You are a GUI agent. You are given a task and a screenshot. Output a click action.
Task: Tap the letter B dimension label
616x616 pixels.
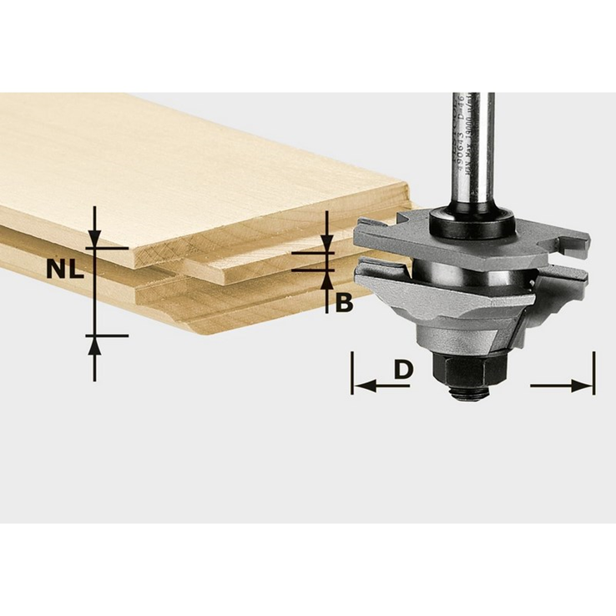click(x=344, y=303)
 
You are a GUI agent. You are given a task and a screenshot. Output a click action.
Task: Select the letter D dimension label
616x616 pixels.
click(x=403, y=368)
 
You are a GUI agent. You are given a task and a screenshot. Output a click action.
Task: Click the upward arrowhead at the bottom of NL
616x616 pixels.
click(x=95, y=344)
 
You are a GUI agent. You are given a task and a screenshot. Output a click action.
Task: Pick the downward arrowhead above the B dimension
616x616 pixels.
click(x=326, y=245)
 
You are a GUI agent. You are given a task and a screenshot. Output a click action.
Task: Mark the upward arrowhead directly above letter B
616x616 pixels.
click(x=326, y=279)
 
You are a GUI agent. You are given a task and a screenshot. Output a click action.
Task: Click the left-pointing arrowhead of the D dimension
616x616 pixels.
click(x=362, y=386)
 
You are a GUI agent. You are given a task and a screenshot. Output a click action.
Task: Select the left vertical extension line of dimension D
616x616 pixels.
click(x=353, y=372)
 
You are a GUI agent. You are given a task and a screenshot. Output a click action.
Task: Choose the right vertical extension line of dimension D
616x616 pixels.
click(x=593, y=372)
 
